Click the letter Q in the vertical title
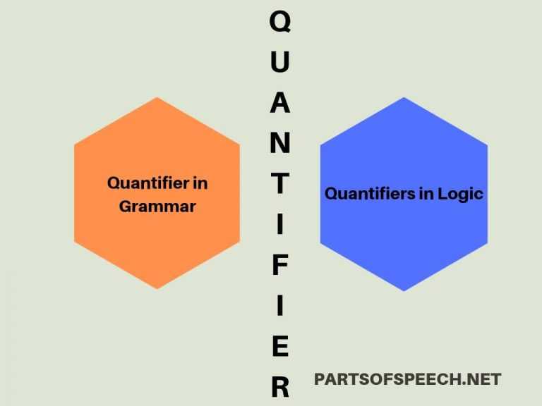click(280, 23)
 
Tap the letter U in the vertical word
click(280, 63)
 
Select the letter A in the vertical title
click(280, 104)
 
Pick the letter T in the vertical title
click(280, 185)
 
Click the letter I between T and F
click(280, 225)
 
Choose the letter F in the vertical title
click(280, 266)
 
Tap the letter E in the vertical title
click(280, 347)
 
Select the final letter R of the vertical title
click(280, 387)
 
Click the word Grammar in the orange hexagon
click(157, 207)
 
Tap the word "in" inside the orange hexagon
click(200, 183)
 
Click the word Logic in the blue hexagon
click(460, 194)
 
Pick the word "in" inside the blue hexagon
click(426, 194)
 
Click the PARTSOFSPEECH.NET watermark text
click(407, 379)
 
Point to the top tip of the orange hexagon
click(157, 98)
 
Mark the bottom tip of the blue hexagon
click(404, 290)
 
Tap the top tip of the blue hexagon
click(404, 98)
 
